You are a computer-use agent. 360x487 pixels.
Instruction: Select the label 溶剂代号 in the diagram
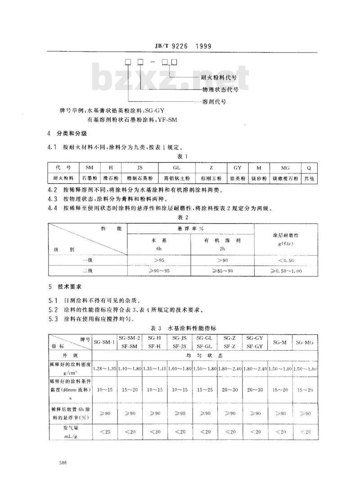pos(214,102)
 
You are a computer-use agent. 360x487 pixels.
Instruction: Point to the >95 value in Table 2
pos(160,260)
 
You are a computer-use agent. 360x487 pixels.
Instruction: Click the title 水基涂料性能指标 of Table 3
pos(191,328)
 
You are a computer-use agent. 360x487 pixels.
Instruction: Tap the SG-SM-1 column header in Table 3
pos(104,342)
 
